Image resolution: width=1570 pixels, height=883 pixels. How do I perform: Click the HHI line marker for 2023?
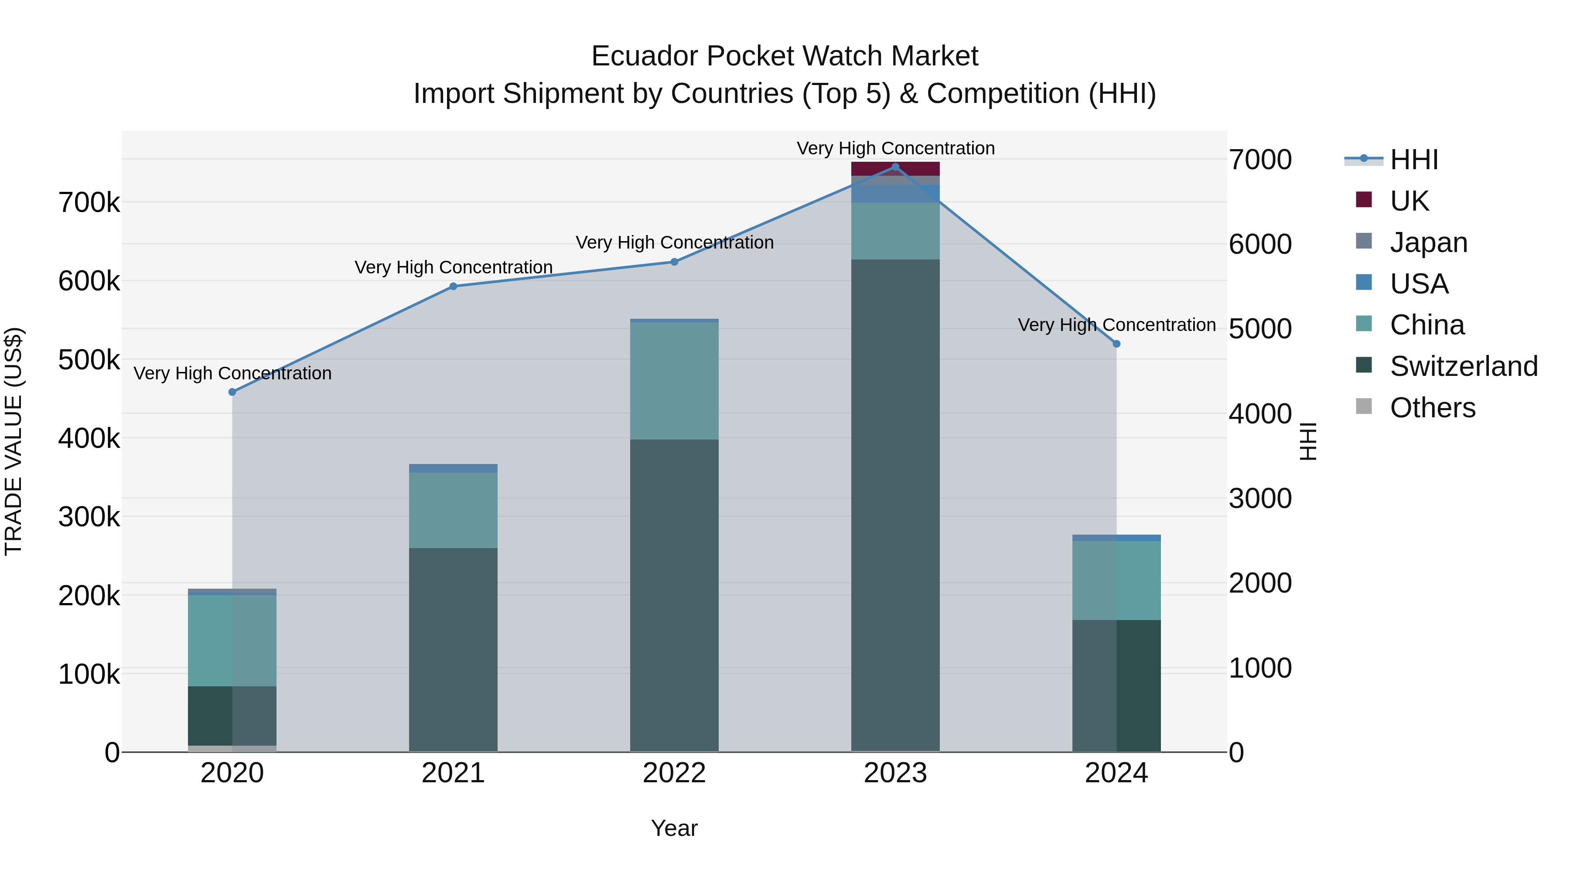pos(895,167)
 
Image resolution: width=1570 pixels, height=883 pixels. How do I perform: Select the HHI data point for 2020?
pos(232,392)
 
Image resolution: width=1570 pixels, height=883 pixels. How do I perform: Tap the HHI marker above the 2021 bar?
pos(453,286)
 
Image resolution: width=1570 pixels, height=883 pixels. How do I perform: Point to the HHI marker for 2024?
pos(1116,344)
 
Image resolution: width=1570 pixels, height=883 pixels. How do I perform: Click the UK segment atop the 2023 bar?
pos(895,169)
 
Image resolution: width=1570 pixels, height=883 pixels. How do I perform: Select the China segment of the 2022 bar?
pos(674,380)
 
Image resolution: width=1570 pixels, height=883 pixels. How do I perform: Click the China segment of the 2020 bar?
pos(232,640)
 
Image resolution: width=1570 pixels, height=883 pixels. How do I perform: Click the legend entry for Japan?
pos(1428,242)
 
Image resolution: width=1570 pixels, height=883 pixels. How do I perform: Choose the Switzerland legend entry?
pos(1463,366)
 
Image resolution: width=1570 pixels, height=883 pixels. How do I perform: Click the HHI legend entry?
pos(1413,160)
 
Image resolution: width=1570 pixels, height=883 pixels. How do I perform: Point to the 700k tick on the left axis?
pos(89,202)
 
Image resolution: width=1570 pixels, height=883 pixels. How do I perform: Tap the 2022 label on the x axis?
pos(674,773)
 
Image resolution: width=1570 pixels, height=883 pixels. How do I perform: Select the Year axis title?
pos(674,828)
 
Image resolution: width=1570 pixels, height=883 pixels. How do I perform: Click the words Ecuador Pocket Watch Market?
pos(785,56)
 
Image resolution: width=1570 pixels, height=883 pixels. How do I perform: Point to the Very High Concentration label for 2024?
pos(1116,325)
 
